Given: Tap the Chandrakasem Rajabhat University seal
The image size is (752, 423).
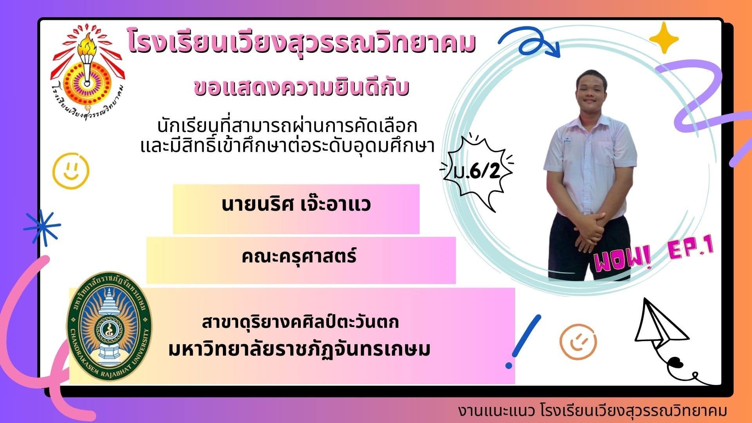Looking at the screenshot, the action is coord(109,327).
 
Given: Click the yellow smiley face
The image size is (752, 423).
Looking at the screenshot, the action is coord(71,171).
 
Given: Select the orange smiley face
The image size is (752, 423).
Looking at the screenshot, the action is coord(578,342).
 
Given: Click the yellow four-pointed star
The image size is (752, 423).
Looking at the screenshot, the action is coord(663,38).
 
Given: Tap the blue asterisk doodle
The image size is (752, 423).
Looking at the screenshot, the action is coord(42,228).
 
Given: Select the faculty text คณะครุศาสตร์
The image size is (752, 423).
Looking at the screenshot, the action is coord(299,257).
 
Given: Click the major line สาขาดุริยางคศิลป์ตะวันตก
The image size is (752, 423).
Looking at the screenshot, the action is coord(300,322).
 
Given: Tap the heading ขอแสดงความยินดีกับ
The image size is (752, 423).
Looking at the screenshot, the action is coord(302,87).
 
